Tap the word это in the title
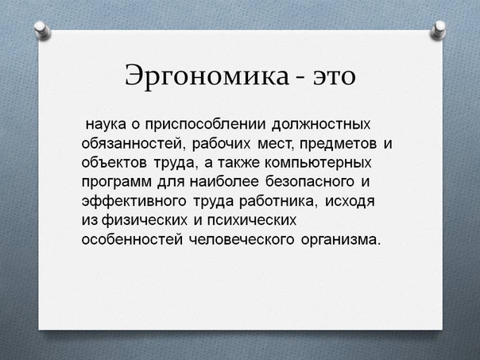335,77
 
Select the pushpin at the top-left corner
41,29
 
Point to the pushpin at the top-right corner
438,29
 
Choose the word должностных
321,125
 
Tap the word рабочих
222,144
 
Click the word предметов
339,144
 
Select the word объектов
114,163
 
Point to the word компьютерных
318,163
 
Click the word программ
117,182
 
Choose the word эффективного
134,201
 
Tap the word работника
277,201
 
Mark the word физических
144,220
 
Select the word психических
252,220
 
